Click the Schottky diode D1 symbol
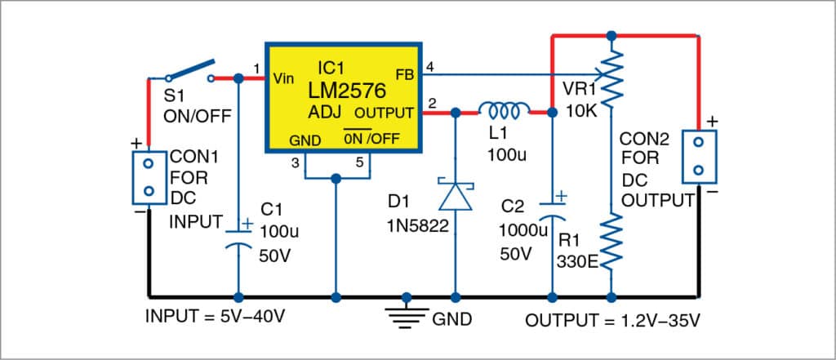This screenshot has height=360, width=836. click(x=456, y=196)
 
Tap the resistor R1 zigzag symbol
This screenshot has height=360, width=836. click(x=611, y=237)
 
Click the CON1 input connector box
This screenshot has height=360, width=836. click(x=149, y=176)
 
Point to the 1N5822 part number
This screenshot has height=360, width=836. click(x=417, y=228)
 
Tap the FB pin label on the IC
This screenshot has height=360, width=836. click(x=403, y=73)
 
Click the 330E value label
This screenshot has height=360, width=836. click(x=579, y=264)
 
